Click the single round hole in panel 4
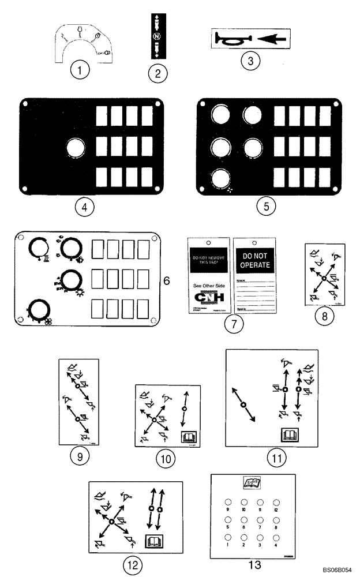click(75, 149)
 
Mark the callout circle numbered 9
click(79, 455)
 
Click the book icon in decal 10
click(187, 437)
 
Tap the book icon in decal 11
click(288, 434)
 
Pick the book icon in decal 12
click(154, 541)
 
